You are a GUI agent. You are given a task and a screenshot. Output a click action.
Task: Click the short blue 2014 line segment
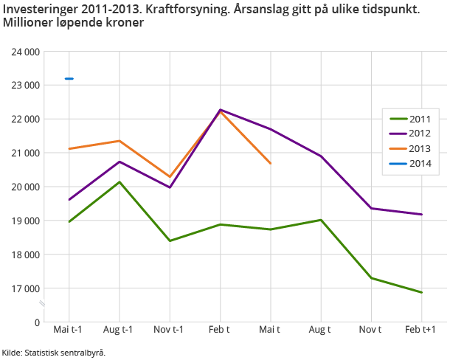69,78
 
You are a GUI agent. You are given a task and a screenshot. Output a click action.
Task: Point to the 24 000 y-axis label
25,52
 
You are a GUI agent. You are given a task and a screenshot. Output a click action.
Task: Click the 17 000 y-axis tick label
25,288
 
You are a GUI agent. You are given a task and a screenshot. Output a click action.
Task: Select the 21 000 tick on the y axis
25,153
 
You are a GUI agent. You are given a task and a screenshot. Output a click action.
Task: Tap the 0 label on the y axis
36,322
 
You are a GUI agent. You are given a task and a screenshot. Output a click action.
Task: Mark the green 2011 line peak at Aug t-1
120,181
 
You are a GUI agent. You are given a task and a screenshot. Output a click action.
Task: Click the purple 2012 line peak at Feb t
220,110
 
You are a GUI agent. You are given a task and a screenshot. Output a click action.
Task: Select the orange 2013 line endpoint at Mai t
271,163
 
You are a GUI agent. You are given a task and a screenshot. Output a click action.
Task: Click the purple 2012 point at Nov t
371,208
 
